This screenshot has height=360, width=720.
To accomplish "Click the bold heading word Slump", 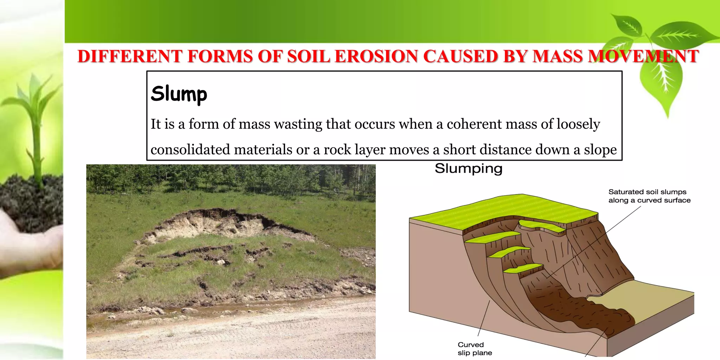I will (x=179, y=94).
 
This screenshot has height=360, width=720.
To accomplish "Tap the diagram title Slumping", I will (x=468, y=168).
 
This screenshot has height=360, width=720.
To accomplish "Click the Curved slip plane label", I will (x=474, y=348).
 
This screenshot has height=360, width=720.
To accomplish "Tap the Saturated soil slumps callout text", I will (x=649, y=196).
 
